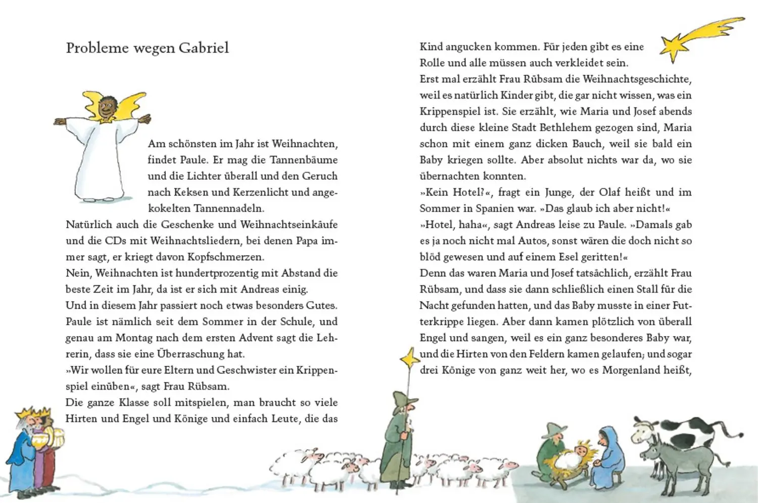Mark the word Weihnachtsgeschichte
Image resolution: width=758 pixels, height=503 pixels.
pyautogui.click(x=636, y=79)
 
